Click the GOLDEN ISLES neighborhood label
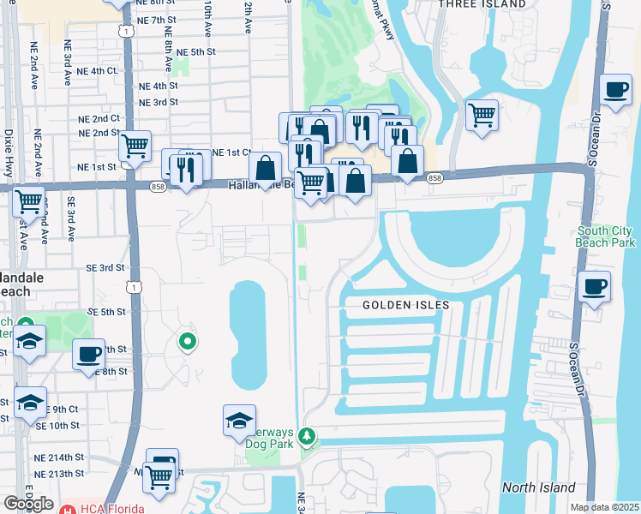(405, 305)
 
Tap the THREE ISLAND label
(481, 4)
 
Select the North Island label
(538, 487)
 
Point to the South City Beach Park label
(604, 236)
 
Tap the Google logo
(28, 504)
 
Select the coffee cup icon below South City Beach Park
(594, 286)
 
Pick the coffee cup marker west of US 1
(88, 355)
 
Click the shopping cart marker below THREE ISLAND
(482, 115)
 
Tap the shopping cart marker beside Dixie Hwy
(29, 202)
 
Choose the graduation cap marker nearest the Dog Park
(239, 421)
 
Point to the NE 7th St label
(154, 20)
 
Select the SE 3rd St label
(105, 267)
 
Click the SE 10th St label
(57, 425)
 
